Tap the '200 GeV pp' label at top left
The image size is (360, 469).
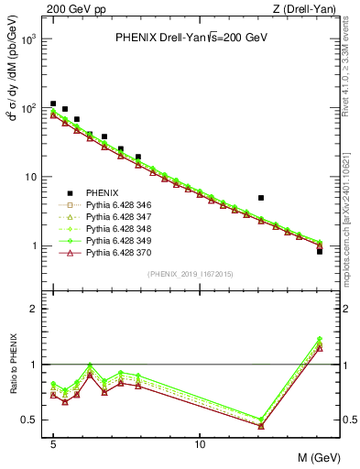coord(71,9)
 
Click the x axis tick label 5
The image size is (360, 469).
coord(53,444)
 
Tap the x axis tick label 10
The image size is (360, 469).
coord(200,444)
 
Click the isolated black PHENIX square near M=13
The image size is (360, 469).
coord(261,197)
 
